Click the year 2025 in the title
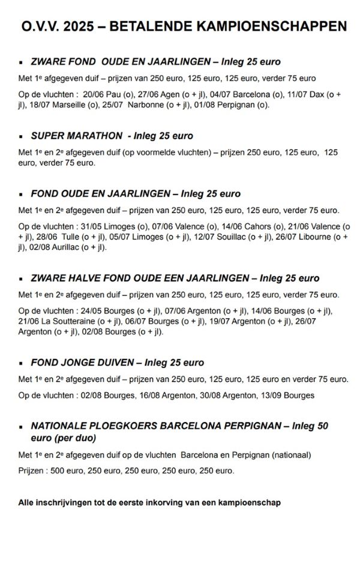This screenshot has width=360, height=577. pyautogui.click(x=81, y=27)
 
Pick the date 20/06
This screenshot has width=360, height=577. pyautogui.click(x=95, y=94)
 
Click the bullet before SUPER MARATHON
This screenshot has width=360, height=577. pyautogui.click(x=22, y=136)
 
